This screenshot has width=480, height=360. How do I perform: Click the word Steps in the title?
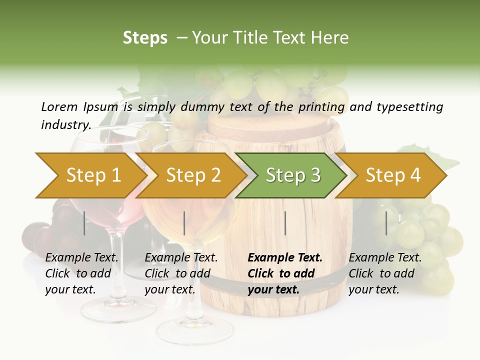tap(145, 38)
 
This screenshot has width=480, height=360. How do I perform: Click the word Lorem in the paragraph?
tap(59, 107)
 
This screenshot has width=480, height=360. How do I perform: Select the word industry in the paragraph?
tap(66, 125)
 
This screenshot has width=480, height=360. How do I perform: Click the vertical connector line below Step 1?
tap(84, 223)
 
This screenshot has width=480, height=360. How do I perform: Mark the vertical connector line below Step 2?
tap(184, 223)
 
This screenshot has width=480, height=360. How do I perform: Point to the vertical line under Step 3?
tap(285, 223)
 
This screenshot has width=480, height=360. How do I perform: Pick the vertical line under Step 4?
tap(386, 223)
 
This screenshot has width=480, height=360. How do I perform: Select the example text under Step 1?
tap(81, 273)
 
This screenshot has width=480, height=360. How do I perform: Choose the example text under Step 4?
tap(385, 273)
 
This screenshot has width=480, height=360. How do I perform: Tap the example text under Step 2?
tap(181, 273)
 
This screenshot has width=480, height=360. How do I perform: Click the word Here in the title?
tap(330, 38)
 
